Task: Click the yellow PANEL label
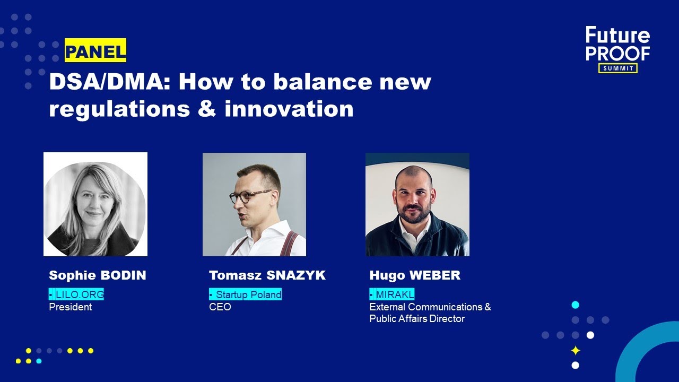[95, 51]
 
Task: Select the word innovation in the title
[289, 109]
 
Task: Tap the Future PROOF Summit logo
[617, 49]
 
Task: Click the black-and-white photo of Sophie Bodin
[95, 204]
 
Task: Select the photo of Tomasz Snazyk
[254, 204]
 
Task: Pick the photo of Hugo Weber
[417, 204]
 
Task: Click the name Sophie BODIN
[97, 275]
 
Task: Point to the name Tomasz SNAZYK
[267, 275]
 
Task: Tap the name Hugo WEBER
[415, 275]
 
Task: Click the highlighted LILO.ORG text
[76, 294]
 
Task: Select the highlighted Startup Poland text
[245, 294]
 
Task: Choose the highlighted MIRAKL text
[392, 294]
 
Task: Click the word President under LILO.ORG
[70, 307]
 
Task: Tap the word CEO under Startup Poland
[220, 307]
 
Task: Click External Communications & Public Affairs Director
[430, 312]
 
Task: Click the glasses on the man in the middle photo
[250, 196]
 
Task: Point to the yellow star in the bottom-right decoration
[575, 351]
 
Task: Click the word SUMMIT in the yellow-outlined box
[617, 68]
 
